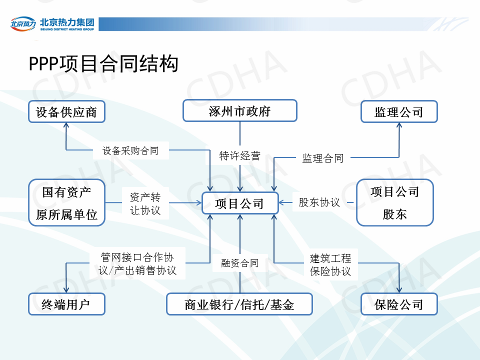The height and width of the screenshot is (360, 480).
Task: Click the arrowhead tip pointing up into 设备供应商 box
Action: [66, 123]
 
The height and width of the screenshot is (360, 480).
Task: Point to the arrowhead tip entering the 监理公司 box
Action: [399, 123]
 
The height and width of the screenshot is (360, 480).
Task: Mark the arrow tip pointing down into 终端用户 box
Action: [66, 292]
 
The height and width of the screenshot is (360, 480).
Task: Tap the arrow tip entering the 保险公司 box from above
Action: [399, 292]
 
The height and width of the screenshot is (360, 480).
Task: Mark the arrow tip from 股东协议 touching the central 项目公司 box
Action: [278, 202]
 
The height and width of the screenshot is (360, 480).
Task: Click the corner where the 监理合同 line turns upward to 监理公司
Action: [399, 157]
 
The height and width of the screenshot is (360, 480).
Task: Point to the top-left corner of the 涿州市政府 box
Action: [183, 100]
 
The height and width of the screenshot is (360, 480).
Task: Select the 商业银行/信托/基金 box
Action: [239, 304]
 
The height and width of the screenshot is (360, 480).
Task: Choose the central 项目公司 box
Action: [240, 203]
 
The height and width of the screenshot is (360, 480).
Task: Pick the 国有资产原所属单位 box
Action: [66, 202]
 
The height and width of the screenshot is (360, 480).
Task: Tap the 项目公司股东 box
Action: [395, 202]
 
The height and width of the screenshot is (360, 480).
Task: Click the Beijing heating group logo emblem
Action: [23, 23]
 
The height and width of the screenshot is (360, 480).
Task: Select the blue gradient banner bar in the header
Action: [283, 24]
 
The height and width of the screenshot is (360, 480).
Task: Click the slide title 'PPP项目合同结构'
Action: [103, 63]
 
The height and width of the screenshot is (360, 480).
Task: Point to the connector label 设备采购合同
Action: [130, 150]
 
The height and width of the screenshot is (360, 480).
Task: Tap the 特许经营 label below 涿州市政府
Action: [240, 156]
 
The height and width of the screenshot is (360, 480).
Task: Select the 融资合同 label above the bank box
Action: [240, 263]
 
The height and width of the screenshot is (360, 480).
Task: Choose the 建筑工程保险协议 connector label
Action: [330, 264]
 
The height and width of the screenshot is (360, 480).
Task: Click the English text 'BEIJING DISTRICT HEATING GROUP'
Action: [67, 29]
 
